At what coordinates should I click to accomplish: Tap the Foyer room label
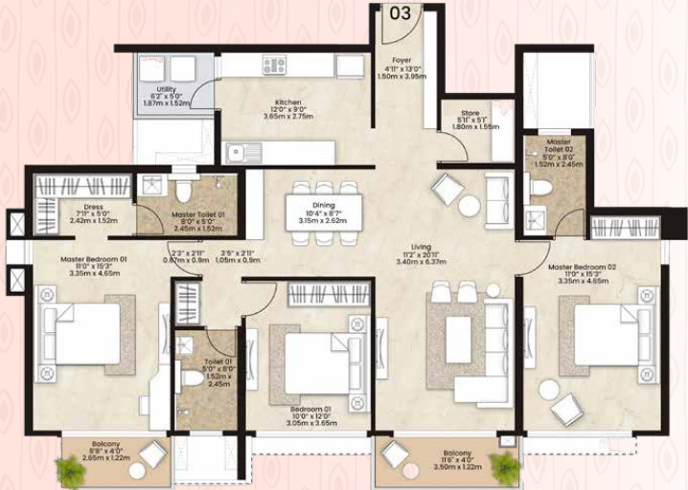click(401, 59)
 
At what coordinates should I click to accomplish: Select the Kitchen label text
click(288, 102)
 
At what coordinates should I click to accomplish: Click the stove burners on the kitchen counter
click(275, 66)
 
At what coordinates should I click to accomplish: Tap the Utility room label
click(166, 88)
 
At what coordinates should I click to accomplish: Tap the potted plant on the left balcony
click(70, 470)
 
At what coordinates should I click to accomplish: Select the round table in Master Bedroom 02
click(548, 390)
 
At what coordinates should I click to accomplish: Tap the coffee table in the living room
click(459, 339)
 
